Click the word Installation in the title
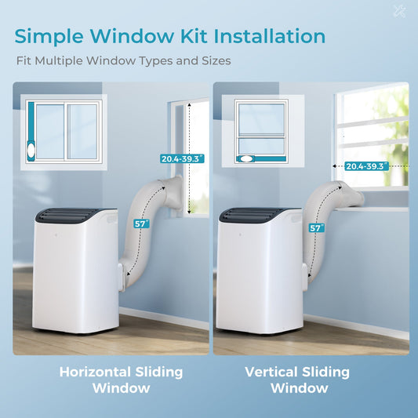[x=270, y=36]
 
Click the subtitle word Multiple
[x=59, y=61]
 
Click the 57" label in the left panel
[x=141, y=224]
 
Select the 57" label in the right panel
[x=317, y=228]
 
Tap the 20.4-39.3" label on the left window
[x=182, y=158]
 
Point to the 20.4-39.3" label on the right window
[x=367, y=166]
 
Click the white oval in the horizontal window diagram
[x=31, y=151]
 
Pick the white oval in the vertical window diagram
[x=246, y=158]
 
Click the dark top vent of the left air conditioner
[x=70, y=216]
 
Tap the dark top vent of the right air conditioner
[x=253, y=215]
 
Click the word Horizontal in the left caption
[x=95, y=372]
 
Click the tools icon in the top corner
[x=400, y=12]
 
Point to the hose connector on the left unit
[x=122, y=278]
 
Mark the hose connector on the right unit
[x=305, y=278]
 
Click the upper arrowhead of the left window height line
[x=189, y=105]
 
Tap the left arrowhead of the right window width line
[x=334, y=166]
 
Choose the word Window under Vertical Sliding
[x=300, y=388]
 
